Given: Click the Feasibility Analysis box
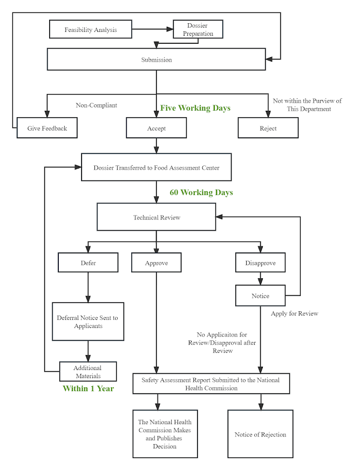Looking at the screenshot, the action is (x=91, y=29).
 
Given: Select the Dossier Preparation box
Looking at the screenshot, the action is (x=198, y=29).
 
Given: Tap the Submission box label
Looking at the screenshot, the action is (x=157, y=59).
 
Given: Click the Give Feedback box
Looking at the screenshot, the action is (x=47, y=127).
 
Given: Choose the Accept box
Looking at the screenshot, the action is (x=157, y=127).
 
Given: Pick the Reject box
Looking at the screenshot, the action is (x=268, y=127).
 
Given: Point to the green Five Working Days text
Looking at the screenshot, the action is (x=195, y=108).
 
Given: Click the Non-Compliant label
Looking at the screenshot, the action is (x=97, y=105).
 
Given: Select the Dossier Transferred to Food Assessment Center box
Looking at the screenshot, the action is (x=157, y=167).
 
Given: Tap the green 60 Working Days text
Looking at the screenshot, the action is (x=201, y=192).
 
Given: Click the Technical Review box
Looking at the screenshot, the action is (x=157, y=217).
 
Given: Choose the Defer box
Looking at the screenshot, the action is (x=88, y=263).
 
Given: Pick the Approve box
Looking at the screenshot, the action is (x=157, y=263).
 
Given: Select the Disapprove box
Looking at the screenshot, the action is (x=260, y=263).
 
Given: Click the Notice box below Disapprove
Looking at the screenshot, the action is (x=260, y=296).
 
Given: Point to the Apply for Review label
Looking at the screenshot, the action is (x=294, y=313).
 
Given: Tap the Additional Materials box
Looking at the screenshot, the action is (x=88, y=371).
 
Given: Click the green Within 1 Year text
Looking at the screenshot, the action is (x=89, y=388).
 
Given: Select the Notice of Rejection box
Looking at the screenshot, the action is (x=260, y=434).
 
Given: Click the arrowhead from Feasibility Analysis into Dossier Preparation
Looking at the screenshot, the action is (x=170, y=29).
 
